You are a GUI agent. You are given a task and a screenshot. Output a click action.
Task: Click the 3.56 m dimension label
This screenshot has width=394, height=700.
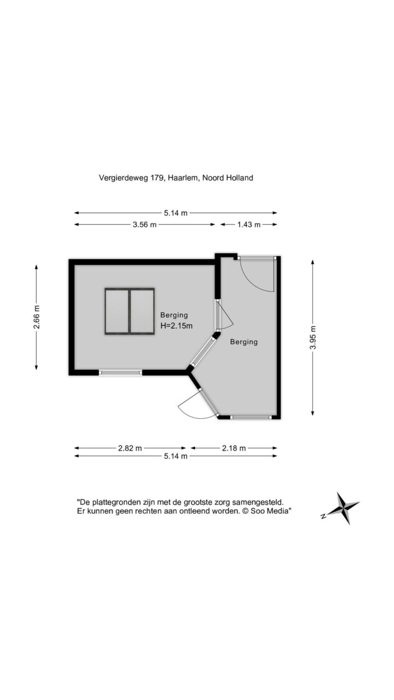144,224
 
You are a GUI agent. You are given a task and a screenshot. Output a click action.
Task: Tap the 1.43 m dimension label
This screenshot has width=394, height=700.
248,224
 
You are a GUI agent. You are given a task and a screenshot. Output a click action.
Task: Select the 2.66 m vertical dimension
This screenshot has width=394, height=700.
37,317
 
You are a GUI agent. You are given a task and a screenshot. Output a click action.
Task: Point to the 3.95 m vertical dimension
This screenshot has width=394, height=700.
312,337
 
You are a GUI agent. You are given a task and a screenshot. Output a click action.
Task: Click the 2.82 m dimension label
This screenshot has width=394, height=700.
130,448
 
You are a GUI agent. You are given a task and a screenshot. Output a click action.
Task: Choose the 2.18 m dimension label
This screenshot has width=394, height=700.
234,448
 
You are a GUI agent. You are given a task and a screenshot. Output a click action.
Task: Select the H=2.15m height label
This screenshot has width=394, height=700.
176,325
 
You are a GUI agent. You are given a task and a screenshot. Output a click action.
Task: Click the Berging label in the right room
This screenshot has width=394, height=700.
244,342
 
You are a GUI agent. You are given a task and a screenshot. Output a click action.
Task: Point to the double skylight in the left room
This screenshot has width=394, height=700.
130,312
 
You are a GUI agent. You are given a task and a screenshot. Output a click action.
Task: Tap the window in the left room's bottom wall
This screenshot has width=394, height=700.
120,372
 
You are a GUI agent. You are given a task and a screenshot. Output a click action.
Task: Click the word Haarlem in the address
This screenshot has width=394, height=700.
183,178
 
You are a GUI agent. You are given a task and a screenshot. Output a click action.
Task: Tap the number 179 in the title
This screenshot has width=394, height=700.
157,178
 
